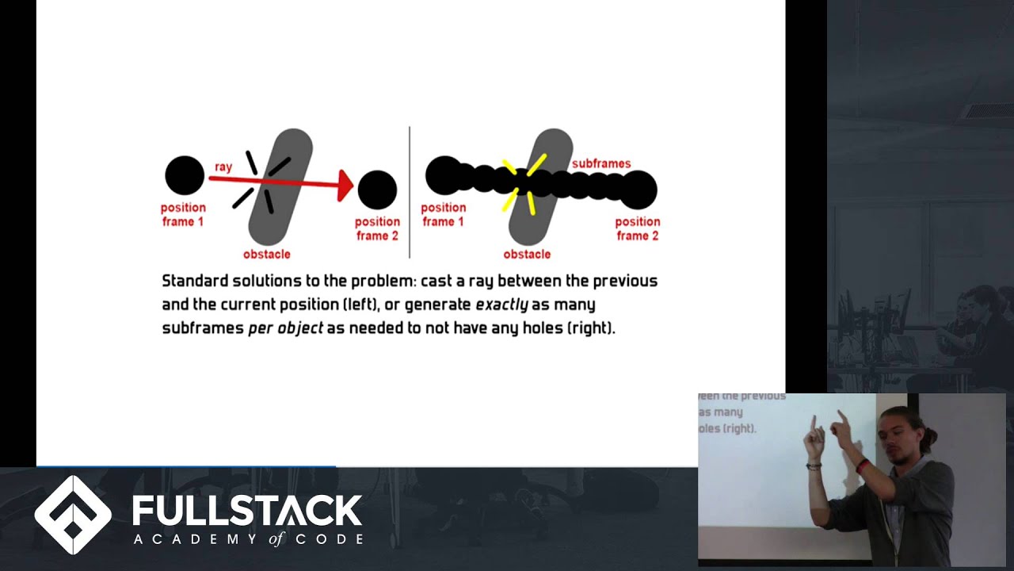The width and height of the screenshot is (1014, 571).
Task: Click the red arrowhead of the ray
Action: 345,185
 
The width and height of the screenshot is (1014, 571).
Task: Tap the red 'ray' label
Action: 223,167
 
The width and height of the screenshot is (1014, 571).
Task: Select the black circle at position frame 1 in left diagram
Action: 185,175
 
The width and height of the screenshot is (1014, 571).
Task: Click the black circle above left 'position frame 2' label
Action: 377,190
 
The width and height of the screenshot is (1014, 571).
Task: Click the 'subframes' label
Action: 601,163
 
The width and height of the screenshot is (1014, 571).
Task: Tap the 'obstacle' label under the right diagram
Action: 527,254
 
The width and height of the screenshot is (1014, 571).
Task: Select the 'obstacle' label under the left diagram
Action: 266,254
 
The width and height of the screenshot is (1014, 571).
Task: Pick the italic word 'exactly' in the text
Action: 501,305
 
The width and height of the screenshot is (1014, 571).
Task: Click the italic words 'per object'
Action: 285,328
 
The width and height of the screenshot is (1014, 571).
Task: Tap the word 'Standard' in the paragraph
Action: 195,281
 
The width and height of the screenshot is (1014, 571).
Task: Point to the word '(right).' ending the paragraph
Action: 591,328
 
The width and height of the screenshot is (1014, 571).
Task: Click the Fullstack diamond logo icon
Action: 73,515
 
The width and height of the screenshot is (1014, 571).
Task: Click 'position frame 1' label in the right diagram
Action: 443,214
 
